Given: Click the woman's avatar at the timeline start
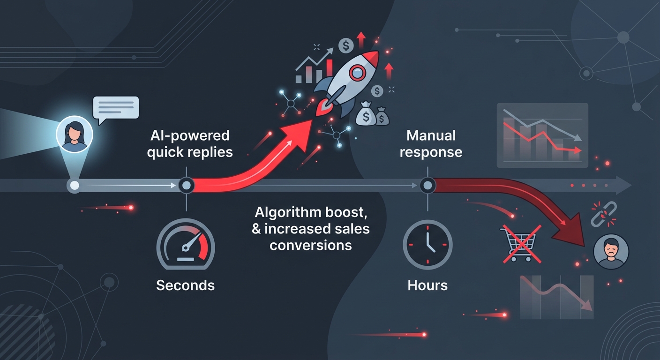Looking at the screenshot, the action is pos(75,135).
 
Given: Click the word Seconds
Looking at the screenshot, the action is pos(185,285).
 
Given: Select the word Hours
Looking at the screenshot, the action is pos(427,285).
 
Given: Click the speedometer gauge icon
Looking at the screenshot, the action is pos(186,244).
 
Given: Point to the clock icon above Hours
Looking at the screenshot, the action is pos(427,245).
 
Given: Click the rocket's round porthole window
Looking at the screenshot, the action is pos(357,73).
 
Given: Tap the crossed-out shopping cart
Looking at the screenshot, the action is pos(521,244).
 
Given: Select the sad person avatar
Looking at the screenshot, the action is pos(611,252).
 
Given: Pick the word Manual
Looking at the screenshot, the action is pos(431,135).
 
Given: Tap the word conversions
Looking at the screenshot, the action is pos(311,246).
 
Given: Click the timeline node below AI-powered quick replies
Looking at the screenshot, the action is pos(186,185).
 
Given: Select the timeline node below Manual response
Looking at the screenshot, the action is pos(427,185).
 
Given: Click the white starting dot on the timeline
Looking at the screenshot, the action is pos(75,186).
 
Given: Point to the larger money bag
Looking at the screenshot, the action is pos(366,114).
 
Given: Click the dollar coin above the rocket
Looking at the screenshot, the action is pos(346,45).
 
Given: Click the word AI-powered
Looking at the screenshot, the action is pos(190,136).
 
